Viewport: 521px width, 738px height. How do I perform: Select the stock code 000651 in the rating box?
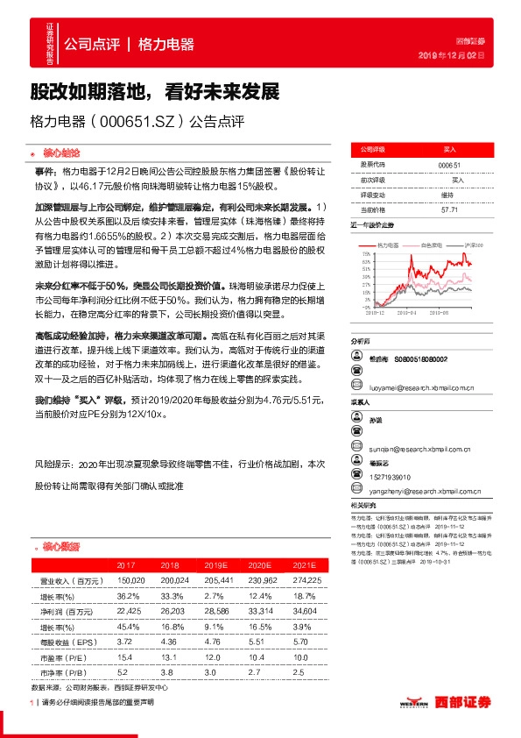(448, 164)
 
